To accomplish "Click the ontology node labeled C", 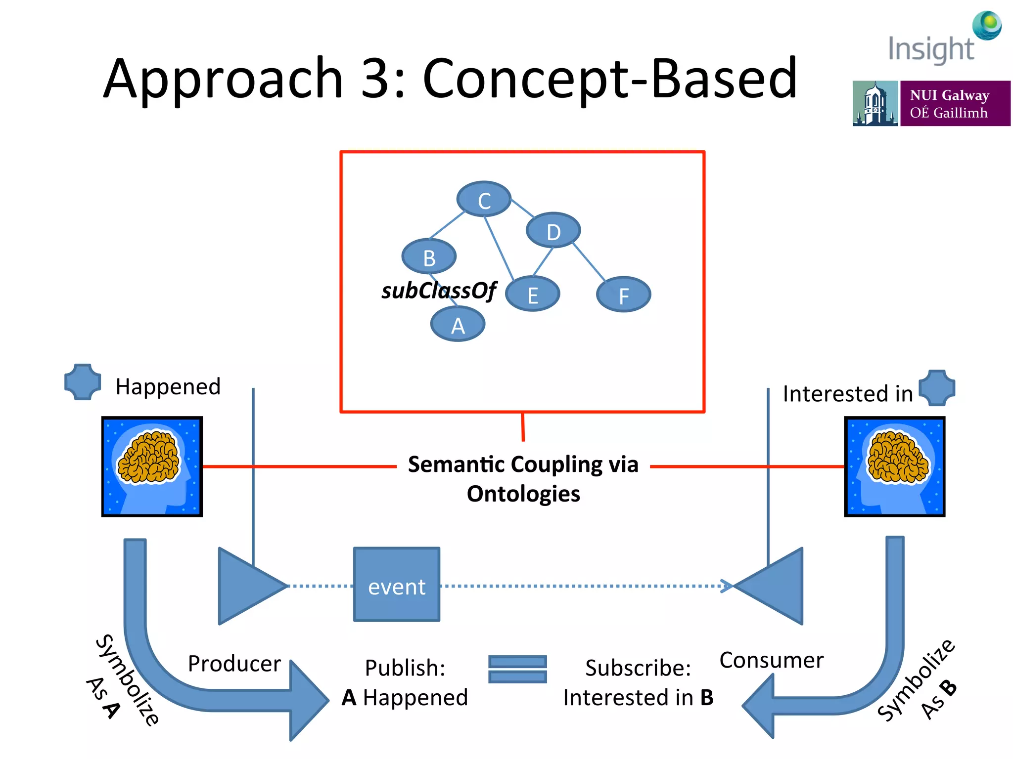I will [484, 199].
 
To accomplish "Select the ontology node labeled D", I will [553, 231].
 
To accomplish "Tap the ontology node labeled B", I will [429, 256].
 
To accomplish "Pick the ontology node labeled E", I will [532, 295].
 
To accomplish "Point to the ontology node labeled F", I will [623, 295].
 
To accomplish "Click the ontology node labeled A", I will [458, 325].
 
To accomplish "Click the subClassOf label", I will [438, 291].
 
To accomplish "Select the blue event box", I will [397, 585].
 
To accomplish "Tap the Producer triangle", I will [247, 586].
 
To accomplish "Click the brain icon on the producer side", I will [152, 466].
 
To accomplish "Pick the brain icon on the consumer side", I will [894, 466].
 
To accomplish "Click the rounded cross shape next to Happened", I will [83, 382].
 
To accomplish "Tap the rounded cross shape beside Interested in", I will [937, 388].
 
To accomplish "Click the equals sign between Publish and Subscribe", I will [517, 670].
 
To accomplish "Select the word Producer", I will [234, 664].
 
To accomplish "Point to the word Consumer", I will [771, 660].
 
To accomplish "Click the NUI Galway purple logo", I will [955, 103].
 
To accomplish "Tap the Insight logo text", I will [931, 49].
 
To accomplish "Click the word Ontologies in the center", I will [523, 494].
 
